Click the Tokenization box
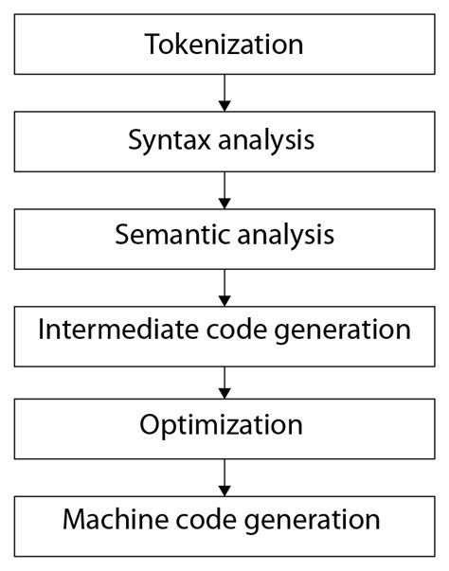224,45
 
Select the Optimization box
224,426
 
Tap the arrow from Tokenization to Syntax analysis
224,93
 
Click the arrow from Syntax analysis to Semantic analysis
224,188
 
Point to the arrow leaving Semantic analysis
224,284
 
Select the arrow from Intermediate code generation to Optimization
224,379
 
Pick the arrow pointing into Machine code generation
224,474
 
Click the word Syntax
160,140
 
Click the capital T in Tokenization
152,44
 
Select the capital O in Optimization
150,425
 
